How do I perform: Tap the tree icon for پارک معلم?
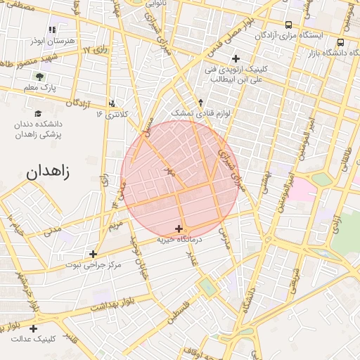[x=39, y=77]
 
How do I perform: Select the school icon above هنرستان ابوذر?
[x=52, y=30]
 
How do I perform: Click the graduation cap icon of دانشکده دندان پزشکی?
[x=38, y=113]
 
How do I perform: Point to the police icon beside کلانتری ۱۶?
[x=112, y=104]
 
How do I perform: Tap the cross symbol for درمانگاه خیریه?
[x=179, y=229]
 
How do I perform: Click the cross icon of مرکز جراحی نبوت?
[x=93, y=254]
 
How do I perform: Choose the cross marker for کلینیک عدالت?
[x=34, y=328]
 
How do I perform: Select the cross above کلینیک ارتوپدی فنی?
[x=236, y=58]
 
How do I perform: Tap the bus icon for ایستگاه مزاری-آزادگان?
[x=288, y=25]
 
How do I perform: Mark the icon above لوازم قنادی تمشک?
[x=200, y=102]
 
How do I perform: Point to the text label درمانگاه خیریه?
[x=179, y=240]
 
